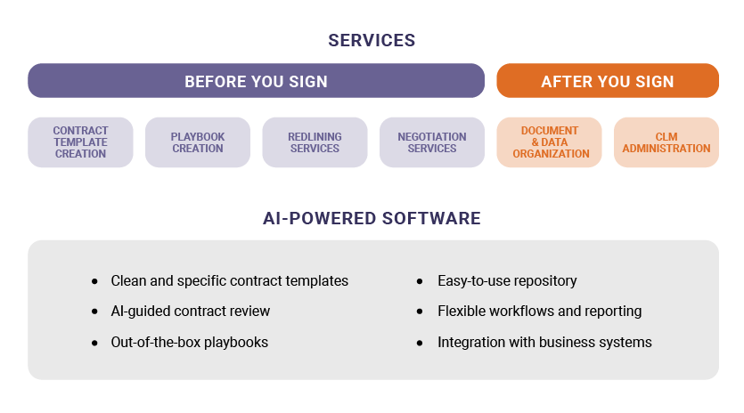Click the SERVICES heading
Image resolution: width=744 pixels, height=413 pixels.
tap(372, 40)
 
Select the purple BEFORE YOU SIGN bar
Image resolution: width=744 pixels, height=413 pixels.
tap(256, 81)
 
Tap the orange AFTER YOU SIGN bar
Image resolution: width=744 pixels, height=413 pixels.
tap(607, 81)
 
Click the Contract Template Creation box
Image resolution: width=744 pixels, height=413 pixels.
tap(80, 142)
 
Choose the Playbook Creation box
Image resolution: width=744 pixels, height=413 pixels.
tap(198, 142)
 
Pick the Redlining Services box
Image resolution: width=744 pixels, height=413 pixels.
tap(315, 142)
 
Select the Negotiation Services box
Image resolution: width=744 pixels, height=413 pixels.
tap(432, 142)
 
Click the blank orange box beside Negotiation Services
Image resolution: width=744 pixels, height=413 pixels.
tap(549, 142)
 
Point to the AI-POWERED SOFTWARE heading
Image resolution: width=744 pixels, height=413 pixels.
tap(372, 218)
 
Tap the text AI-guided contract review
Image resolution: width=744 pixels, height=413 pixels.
tap(190, 312)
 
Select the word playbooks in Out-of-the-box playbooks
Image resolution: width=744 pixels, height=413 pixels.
tap(236, 342)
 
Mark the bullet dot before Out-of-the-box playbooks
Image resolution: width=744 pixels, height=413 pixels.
tap(95, 343)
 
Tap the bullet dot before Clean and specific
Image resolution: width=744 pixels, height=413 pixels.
tap(95, 281)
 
